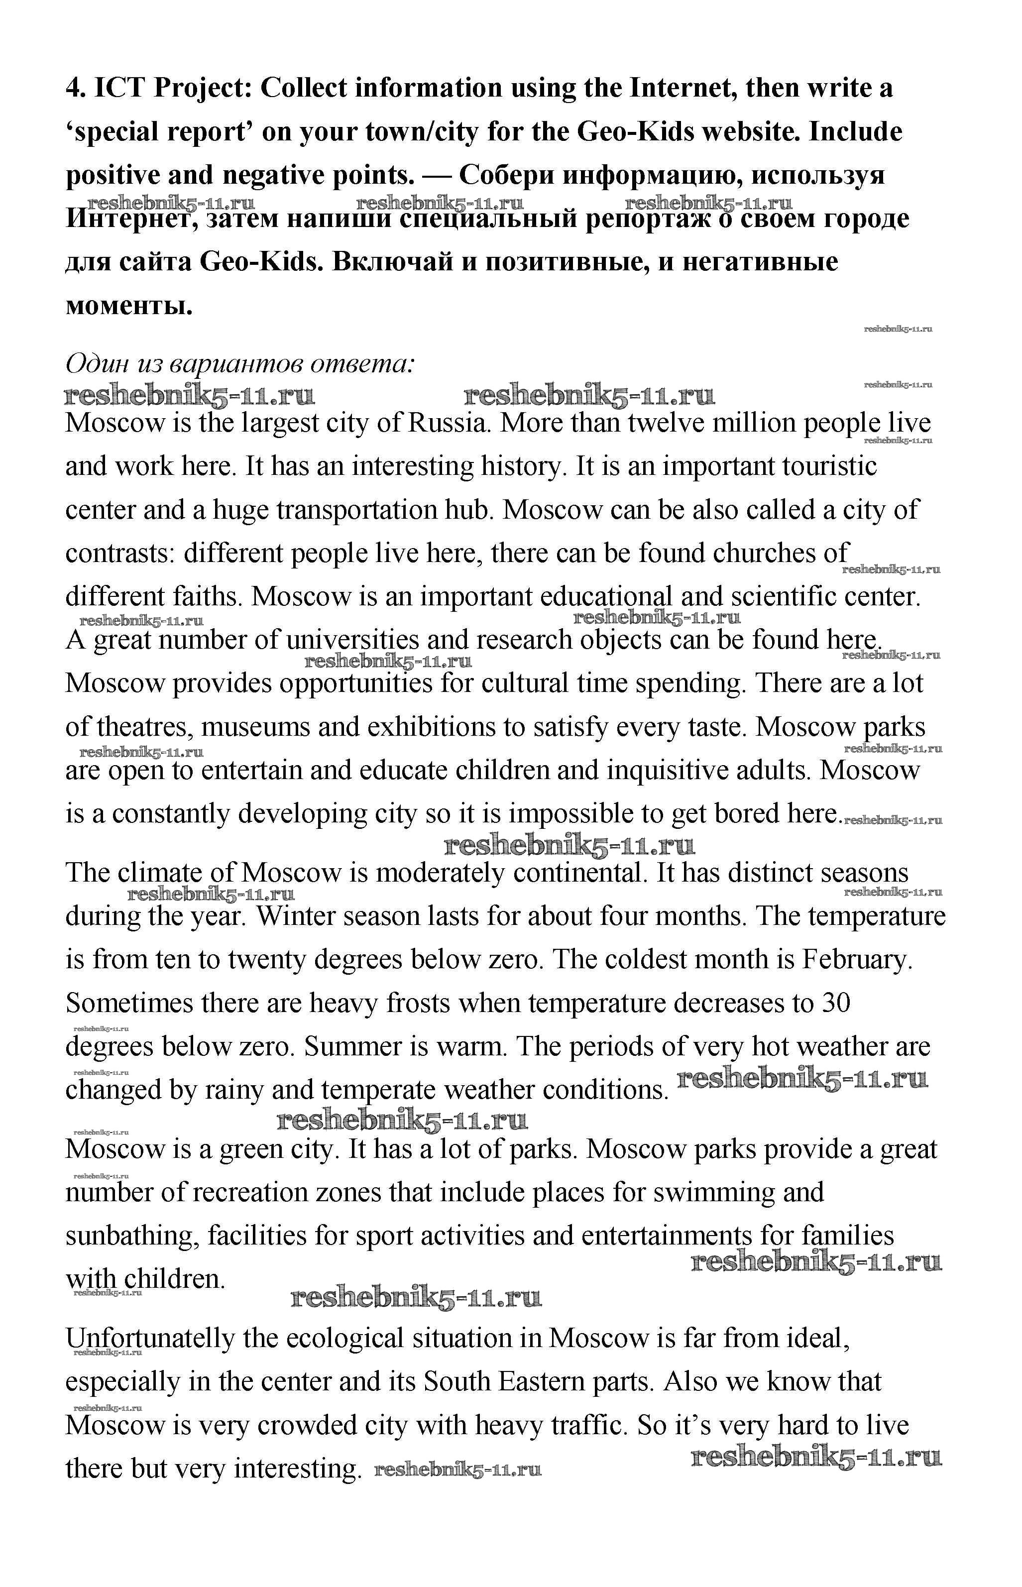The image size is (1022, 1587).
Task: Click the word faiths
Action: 207,596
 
